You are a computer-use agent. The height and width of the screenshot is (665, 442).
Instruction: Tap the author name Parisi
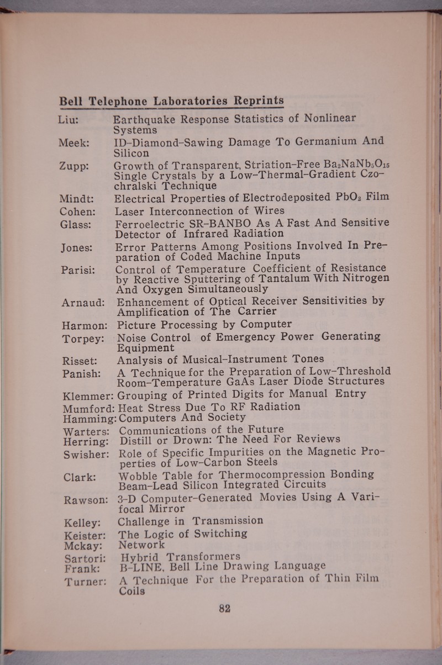click(x=77, y=270)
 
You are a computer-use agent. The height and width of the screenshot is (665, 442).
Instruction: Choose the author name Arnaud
click(x=81, y=302)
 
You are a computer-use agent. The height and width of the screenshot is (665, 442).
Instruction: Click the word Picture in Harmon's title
click(x=140, y=324)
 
